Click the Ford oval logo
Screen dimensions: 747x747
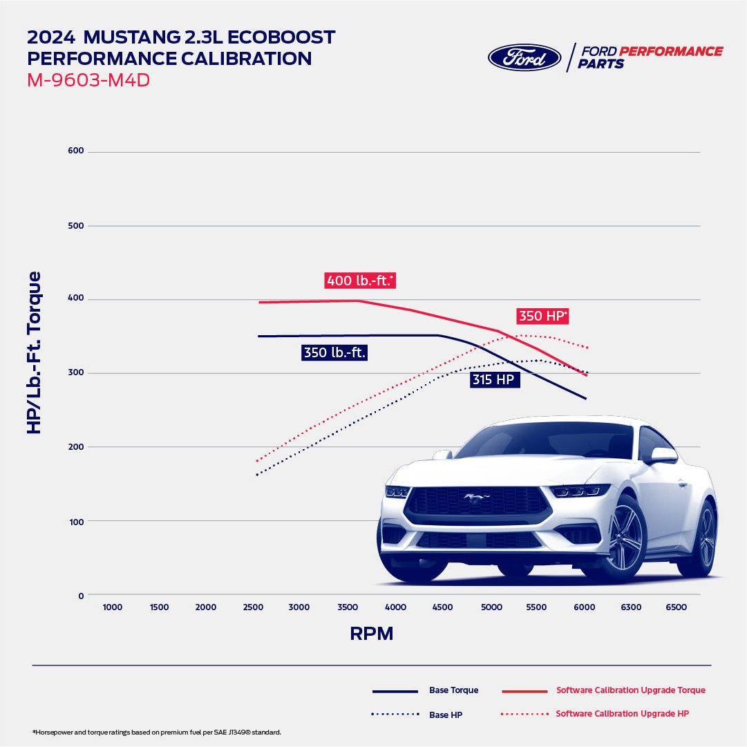click(x=524, y=57)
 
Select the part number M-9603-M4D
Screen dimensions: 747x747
click(x=88, y=80)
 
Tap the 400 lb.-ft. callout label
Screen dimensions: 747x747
click(x=359, y=281)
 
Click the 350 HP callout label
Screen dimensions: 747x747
click(x=543, y=316)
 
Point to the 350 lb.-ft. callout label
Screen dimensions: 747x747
click(x=334, y=352)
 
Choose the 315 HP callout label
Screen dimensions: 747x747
click(x=494, y=379)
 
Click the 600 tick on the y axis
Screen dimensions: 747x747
click(x=76, y=151)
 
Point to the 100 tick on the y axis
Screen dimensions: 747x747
click(x=76, y=521)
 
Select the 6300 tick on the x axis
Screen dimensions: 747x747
click(x=630, y=607)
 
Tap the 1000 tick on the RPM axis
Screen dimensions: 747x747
click(x=112, y=607)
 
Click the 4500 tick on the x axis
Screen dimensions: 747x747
click(x=442, y=607)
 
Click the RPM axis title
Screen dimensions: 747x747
click(x=372, y=634)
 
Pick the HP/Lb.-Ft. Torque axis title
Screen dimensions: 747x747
click(x=34, y=352)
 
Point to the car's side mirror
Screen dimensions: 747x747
click(x=662, y=455)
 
